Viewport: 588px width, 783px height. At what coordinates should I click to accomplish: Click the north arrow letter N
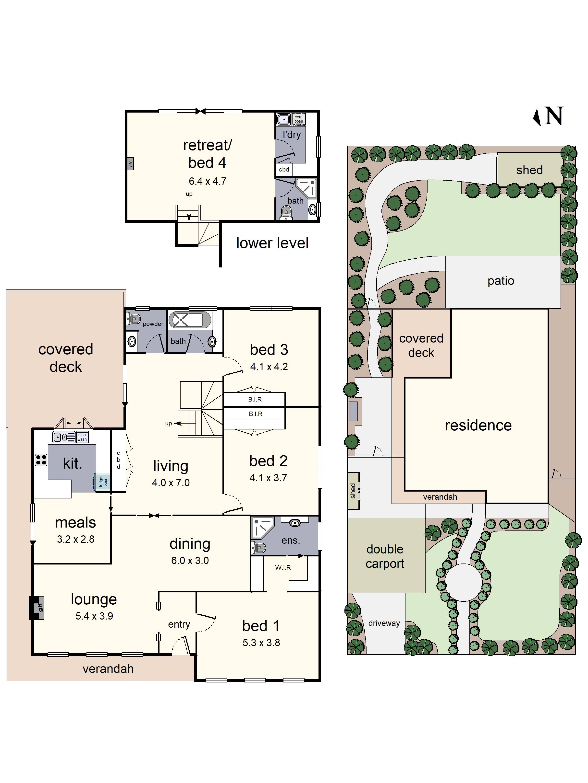[554, 116]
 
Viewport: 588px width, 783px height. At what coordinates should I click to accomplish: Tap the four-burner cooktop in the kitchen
[41, 460]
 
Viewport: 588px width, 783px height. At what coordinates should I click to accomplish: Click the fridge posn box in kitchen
[103, 482]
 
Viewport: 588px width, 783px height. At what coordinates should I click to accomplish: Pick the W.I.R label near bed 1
[283, 567]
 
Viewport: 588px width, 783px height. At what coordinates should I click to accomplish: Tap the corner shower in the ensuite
[263, 528]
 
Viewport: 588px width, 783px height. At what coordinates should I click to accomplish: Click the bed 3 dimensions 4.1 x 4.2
[269, 367]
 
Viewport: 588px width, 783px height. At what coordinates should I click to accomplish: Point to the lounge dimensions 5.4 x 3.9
[94, 616]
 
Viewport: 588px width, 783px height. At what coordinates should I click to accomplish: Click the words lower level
[272, 243]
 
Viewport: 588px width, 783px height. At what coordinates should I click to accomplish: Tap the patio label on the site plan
[501, 281]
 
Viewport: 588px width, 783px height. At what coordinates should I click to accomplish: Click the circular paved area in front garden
[464, 583]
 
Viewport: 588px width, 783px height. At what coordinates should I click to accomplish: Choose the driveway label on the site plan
[384, 623]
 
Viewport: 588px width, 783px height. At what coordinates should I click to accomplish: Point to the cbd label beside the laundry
[284, 170]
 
